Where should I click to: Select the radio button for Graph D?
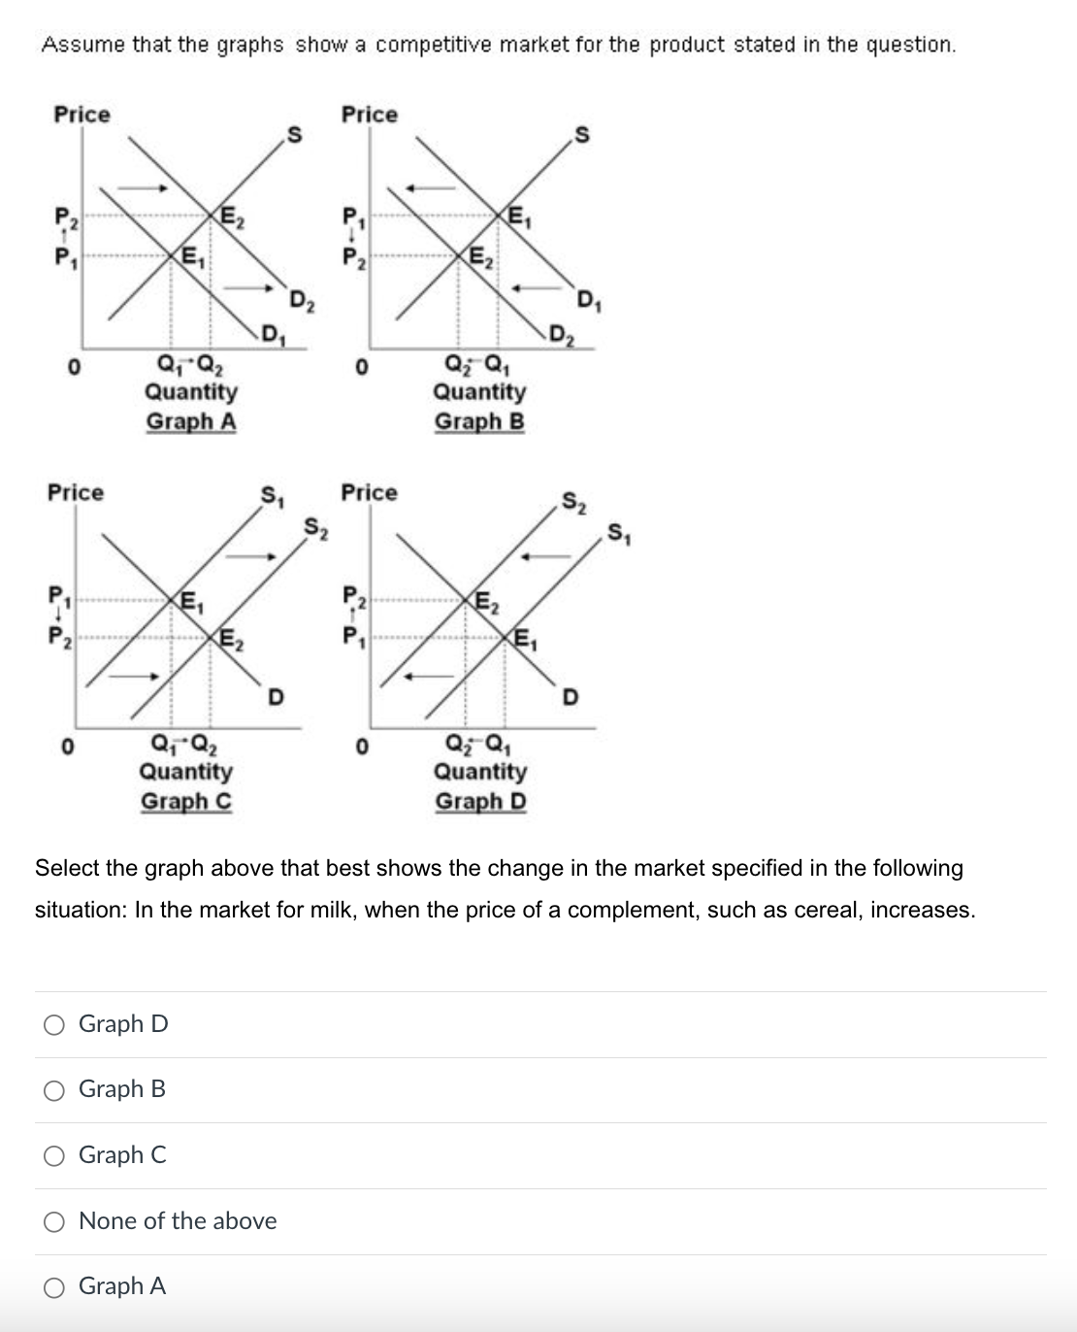pyautogui.click(x=54, y=1024)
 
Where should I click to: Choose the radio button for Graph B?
pyautogui.click(x=54, y=1090)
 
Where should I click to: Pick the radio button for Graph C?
pyautogui.click(x=54, y=1155)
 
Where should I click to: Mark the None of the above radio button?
pyautogui.click(x=54, y=1221)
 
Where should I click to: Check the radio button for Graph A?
pyautogui.click(x=54, y=1287)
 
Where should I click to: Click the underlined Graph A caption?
pyautogui.click(x=191, y=421)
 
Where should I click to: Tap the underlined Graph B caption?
pyautogui.click(x=479, y=421)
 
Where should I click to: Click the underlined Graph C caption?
pyautogui.click(x=186, y=801)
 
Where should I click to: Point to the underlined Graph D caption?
pyautogui.click(x=480, y=801)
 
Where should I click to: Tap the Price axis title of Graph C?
pyautogui.click(x=76, y=492)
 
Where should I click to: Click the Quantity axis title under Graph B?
pyautogui.click(x=479, y=391)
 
